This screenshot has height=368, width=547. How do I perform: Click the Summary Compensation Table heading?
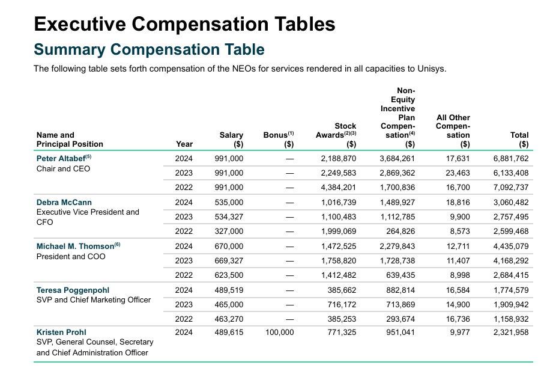click(x=149, y=49)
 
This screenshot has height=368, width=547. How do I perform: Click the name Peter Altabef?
click(x=61, y=158)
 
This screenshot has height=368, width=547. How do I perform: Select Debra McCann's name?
click(x=64, y=203)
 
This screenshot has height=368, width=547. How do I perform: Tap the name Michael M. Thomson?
click(x=75, y=246)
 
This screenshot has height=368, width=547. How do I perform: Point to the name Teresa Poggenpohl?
click(x=73, y=290)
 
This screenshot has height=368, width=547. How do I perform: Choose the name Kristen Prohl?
click(x=61, y=332)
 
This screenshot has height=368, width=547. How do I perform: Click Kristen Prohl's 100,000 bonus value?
click(x=279, y=332)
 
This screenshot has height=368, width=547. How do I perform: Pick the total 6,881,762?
click(x=511, y=158)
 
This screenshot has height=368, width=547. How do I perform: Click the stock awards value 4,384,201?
click(x=339, y=188)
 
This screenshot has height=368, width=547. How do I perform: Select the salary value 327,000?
click(x=229, y=232)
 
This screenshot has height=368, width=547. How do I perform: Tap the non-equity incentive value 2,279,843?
click(x=397, y=246)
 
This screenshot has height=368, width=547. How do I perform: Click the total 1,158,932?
click(x=511, y=319)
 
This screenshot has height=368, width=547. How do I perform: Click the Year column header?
click(x=184, y=144)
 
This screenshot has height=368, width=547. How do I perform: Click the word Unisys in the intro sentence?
click(x=432, y=69)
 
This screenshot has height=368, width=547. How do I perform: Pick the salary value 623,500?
click(x=229, y=275)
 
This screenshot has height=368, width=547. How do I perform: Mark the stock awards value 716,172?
click(x=342, y=304)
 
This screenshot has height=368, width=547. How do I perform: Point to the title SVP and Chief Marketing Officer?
click(x=94, y=300)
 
